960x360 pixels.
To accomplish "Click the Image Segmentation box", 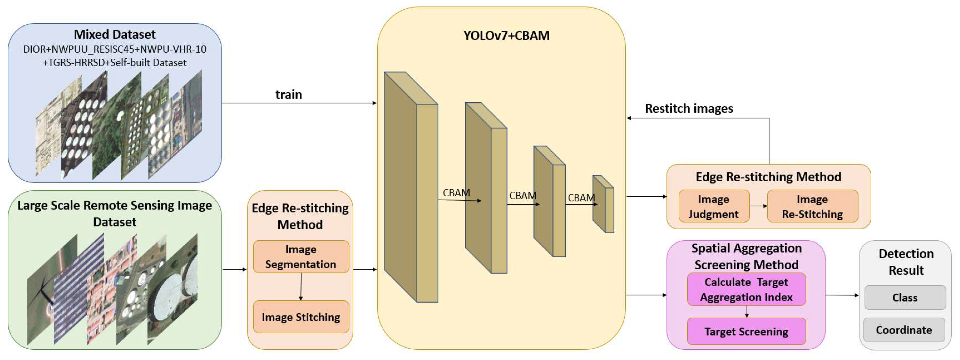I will coord(301,257).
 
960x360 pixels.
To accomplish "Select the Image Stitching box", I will coord(301,317).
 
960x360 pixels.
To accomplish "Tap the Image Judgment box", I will coord(714,206).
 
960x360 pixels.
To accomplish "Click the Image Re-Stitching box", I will coord(812,206).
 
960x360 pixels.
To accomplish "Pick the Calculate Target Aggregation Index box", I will coord(746,289).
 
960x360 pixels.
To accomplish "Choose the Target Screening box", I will coord(746,331).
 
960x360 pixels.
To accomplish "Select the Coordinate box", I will coord(904,330).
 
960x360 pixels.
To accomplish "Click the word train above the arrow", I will coord(288,95).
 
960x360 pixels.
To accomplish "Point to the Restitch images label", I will coord(689,108).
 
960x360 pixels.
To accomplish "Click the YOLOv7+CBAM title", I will coord(506,35).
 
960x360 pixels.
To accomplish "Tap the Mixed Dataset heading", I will coord(114,34).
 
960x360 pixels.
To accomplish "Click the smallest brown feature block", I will coord(603,204).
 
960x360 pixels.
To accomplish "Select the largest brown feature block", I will coord(410,186).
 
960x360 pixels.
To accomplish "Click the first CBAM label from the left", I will coord(456,193).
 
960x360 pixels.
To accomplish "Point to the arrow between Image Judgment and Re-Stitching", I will coord(758,206).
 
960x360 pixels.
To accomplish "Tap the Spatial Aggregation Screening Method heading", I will coord(746,257).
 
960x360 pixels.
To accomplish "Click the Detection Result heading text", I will coord(906,262).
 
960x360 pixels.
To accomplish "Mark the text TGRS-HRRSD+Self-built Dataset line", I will coord(114,63).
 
